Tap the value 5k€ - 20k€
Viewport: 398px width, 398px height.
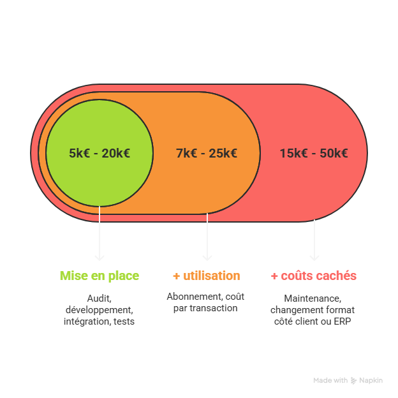point(99,153)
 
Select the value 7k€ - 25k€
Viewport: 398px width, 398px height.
point(207,153)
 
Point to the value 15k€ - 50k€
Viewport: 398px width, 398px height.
point(314,153)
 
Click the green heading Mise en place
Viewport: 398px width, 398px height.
point(99,276)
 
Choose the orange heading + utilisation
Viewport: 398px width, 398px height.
point(207,276)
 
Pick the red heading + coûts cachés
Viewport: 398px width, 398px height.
point(314,276)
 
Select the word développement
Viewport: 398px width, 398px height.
point(99,310)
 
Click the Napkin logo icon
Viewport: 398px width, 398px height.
point(354,381)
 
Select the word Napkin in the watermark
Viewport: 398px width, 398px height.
point(371,381)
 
